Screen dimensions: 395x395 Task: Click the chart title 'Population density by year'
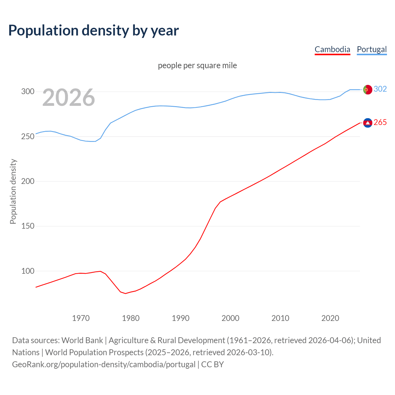click(94, 31)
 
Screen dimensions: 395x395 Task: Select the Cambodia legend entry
click(332, 49)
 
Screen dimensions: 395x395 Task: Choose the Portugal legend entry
click(372, 49)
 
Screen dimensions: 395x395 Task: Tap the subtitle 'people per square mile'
click(197, 66)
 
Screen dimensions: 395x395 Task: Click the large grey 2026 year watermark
click(69, 98)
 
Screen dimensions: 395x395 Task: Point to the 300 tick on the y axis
click(27, 92)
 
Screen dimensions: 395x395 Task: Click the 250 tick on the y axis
click(27, 136)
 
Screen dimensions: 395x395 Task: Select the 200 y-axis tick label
click(27, 181)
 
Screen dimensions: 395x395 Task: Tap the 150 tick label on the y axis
click(27, 226)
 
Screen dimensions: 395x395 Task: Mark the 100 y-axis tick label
click(27, 271)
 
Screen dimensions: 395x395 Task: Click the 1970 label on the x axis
click(81, 318)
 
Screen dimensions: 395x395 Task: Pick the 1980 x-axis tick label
click(131, 318)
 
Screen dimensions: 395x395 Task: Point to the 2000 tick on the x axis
click(231, 318)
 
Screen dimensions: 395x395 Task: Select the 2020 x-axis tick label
click(330, 318)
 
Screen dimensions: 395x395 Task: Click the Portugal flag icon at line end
click(368, 89)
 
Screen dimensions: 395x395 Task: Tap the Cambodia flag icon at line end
click(368, 123)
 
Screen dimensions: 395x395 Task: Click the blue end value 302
click(380, 89)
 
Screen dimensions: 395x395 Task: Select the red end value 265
click(380, 123)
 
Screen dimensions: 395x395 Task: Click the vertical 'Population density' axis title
click(13, 191)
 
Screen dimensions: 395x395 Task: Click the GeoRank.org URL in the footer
click(104, 364)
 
